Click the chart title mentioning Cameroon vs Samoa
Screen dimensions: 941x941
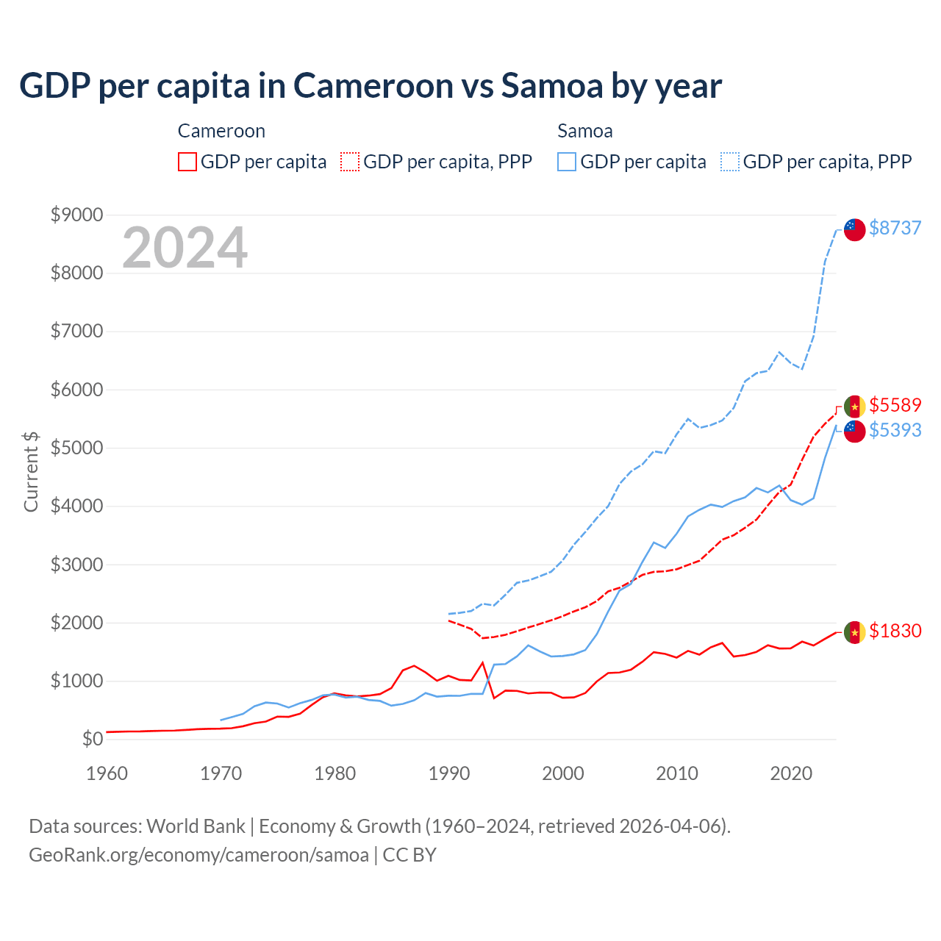pyautogui.click(x=371, y=86)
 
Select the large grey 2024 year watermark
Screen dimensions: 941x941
pyautogui.click(x=185, y=248)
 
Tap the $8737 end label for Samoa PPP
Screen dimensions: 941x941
pyautogui.click(x=895, y=228)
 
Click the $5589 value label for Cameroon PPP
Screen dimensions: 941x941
pyautogui.click(x=895, y=405)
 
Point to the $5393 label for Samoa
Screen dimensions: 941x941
pyautogui.click(x=895, y=430)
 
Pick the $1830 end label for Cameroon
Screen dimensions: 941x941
pyautogui.click(x=895, y=631)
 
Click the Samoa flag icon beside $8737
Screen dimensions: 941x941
pyautogui.click(x=854, y=229)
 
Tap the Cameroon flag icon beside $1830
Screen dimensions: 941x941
pyautogui.click(x=854, y=632)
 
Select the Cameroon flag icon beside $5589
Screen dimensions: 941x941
pyautogui.click(x=854, y=407)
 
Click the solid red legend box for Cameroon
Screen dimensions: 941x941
pyautogui.click(x=187, y=162)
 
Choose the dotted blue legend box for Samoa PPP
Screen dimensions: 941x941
pyautogui.click(x=730, y=162)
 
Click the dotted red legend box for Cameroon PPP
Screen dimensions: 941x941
pyautogui.click(x=350, y=162)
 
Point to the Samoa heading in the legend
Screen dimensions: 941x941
pyautogui.click(x=584, y=131)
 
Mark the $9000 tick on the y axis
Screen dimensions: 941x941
pyautogui.click(x=76, y=215)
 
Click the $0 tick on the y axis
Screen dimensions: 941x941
pyautogui.click(x=92, y=739)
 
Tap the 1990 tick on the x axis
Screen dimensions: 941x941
pyautogui.click(x=449, y=773)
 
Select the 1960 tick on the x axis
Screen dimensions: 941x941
pyautogui.click(x=107, y=773)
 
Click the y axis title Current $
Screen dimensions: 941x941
pyautogui.click(x=31, y=471)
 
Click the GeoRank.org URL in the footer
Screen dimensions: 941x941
pyautogui.click(x=198, y=855)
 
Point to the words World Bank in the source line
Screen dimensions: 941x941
pyautogui.click(x=196, y=826)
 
